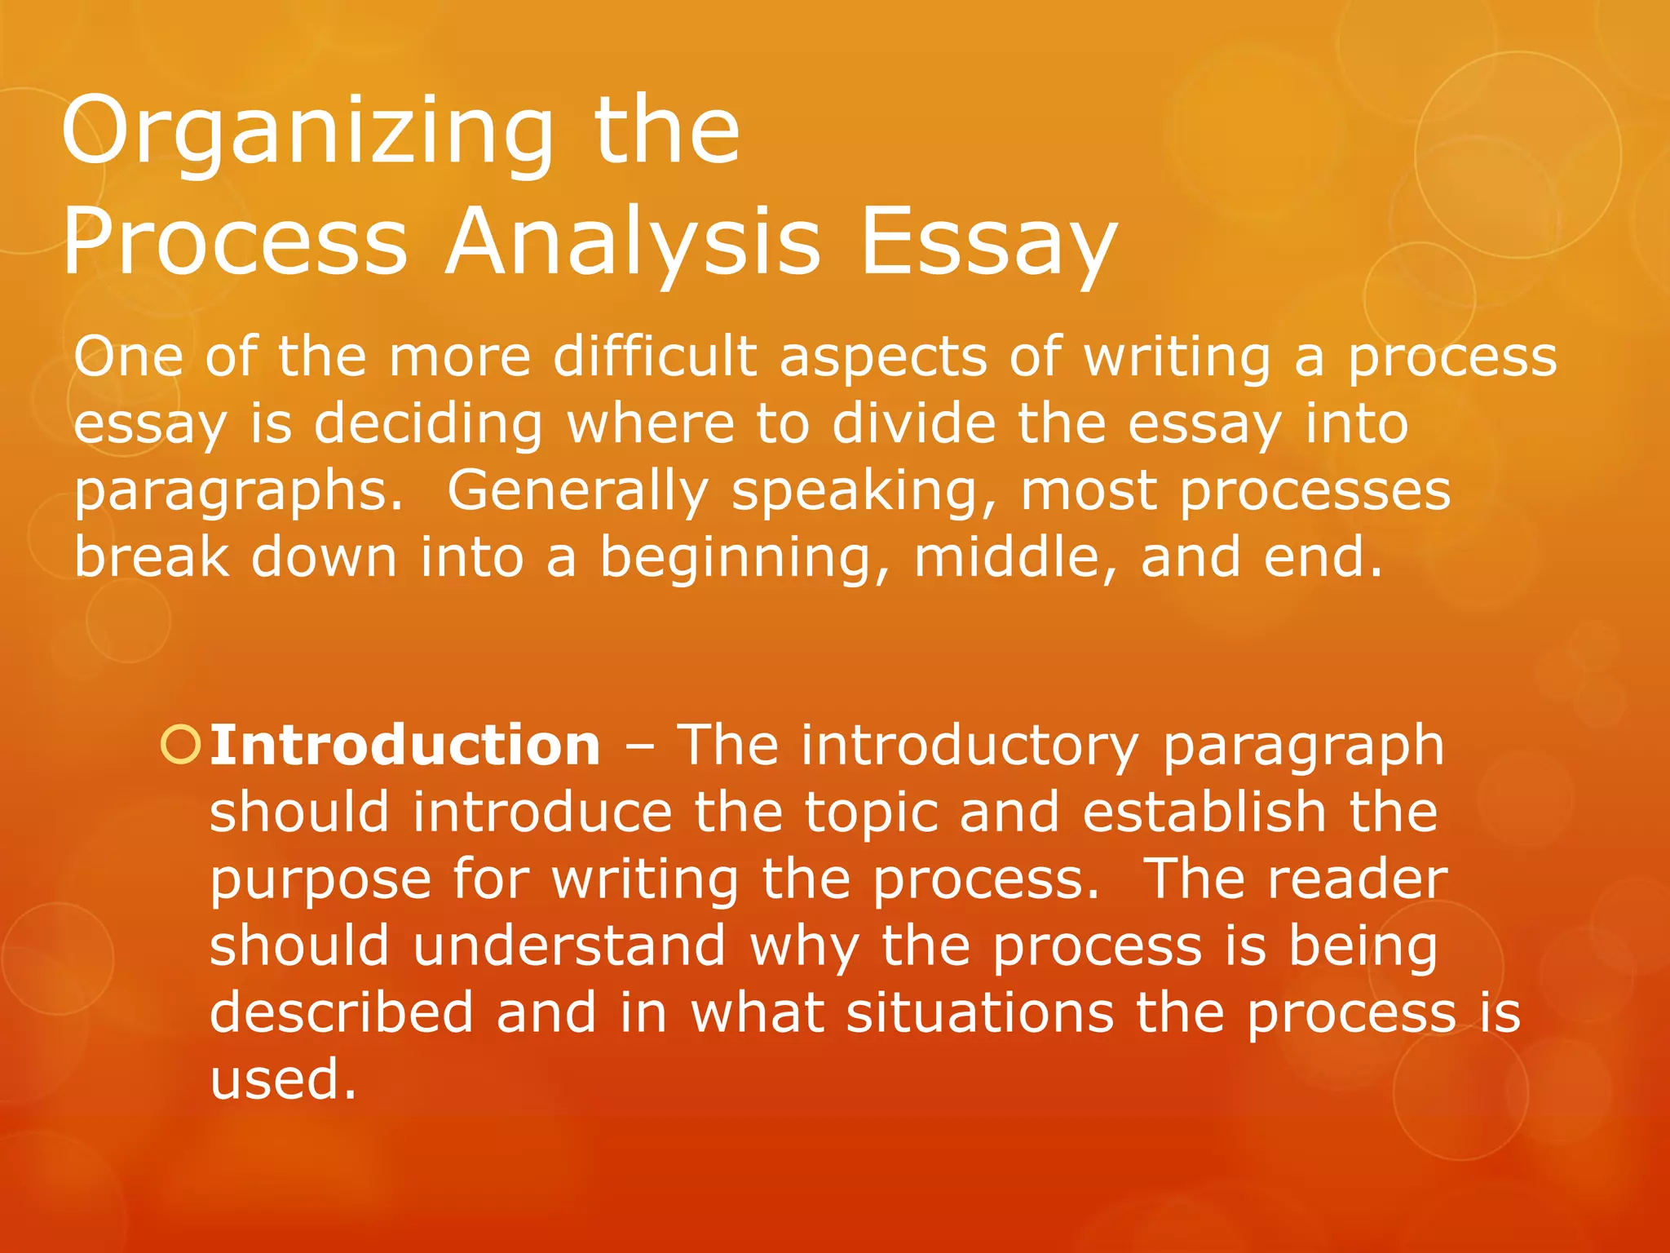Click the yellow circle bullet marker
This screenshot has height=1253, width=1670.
click(180, 746)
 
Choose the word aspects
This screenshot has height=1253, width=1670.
click(883, 359)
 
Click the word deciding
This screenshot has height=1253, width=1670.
click(428, 424)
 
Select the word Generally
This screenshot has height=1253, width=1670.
click(577, 492)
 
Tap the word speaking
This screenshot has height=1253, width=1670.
click(864, 492)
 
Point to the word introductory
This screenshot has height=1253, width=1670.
click(970, 746)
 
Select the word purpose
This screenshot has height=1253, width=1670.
click(320, 881)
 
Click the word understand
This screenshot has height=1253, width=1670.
click(569, 946)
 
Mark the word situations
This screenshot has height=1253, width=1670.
click(979, 1013)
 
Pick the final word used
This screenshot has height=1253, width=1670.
click(282, 1079)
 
